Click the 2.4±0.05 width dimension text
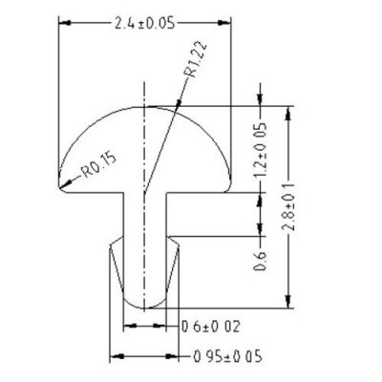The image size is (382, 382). coord(145,20)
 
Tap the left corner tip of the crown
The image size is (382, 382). coord(58,189)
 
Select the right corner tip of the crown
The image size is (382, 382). coord(232,189)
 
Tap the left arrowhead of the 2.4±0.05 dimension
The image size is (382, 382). coord(62,20)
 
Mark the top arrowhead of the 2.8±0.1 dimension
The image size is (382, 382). coord(291,108)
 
